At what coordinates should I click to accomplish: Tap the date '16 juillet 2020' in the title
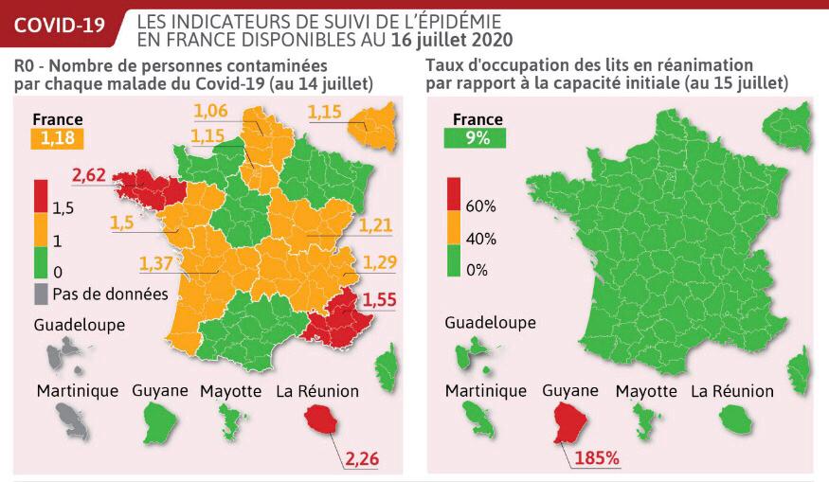[x=452, y=39]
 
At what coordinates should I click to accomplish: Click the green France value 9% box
[x=478, y=139]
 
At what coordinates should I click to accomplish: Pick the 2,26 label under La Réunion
[x=360, y=459]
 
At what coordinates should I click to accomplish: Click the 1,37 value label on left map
[x=158, y=261]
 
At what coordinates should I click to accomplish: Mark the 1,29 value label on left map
[x=380, y=261]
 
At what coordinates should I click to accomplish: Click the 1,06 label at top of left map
[x=211, y=113]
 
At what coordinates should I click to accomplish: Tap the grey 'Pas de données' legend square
[x=42, y=294]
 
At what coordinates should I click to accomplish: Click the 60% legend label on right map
[x=481, y=205]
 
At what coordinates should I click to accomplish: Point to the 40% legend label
[x=481, y=238]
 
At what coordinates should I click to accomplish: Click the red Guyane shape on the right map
[x=570, y=421]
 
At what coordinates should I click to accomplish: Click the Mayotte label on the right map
[x=646, y=390]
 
